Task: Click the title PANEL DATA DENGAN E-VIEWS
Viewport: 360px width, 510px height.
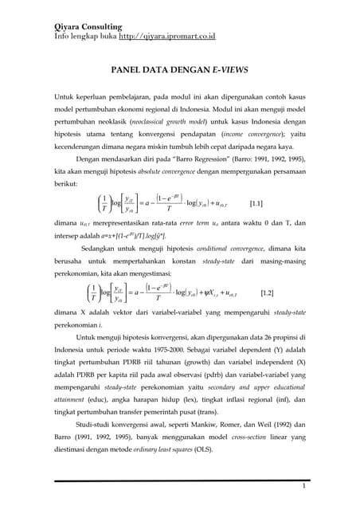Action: (180, 70)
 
